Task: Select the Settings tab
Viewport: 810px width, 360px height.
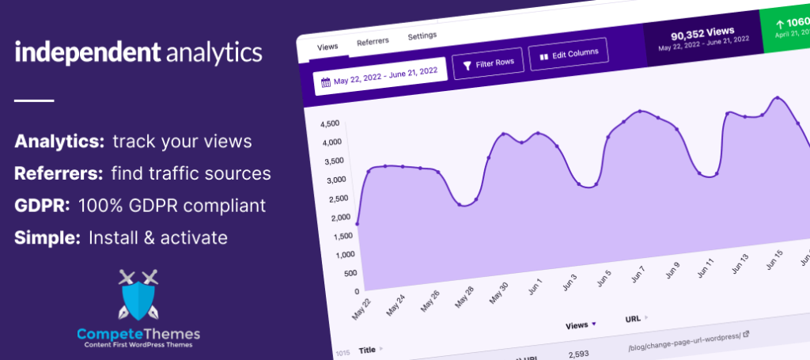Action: tap(422, 36)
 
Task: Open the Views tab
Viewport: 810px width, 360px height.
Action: tap(327, 47)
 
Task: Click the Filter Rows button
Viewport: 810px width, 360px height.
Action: tap(488, 63)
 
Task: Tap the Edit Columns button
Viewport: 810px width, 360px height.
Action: tap(568, 54)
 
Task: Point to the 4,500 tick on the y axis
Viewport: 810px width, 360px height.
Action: tap(330, 123)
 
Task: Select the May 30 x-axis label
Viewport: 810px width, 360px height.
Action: tap(498, 292)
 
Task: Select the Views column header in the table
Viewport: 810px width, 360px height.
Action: tap(577, 325)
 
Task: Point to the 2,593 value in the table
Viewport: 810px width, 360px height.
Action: tap(578, 353)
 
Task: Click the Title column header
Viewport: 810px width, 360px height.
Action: tap(367, 349)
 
